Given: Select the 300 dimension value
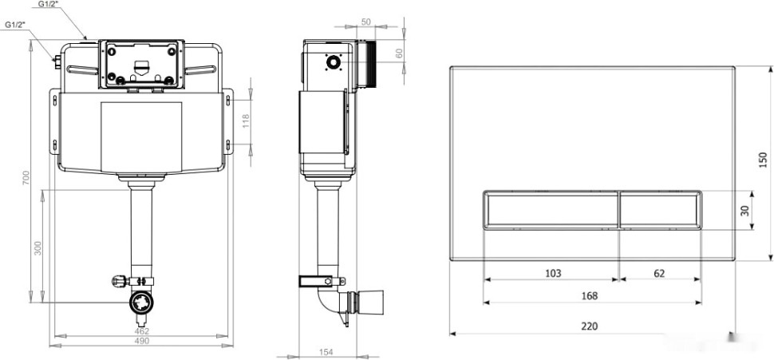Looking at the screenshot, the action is point(38,248).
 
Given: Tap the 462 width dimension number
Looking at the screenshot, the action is point(142,331).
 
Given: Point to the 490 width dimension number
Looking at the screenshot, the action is point(142,341).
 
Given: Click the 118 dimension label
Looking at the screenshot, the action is point(246,122).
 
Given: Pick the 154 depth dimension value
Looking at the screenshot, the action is point(326,352).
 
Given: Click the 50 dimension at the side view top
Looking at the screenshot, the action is point(365,22).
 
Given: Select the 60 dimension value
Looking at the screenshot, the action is point(399,53).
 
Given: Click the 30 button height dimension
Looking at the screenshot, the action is point(745,211).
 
